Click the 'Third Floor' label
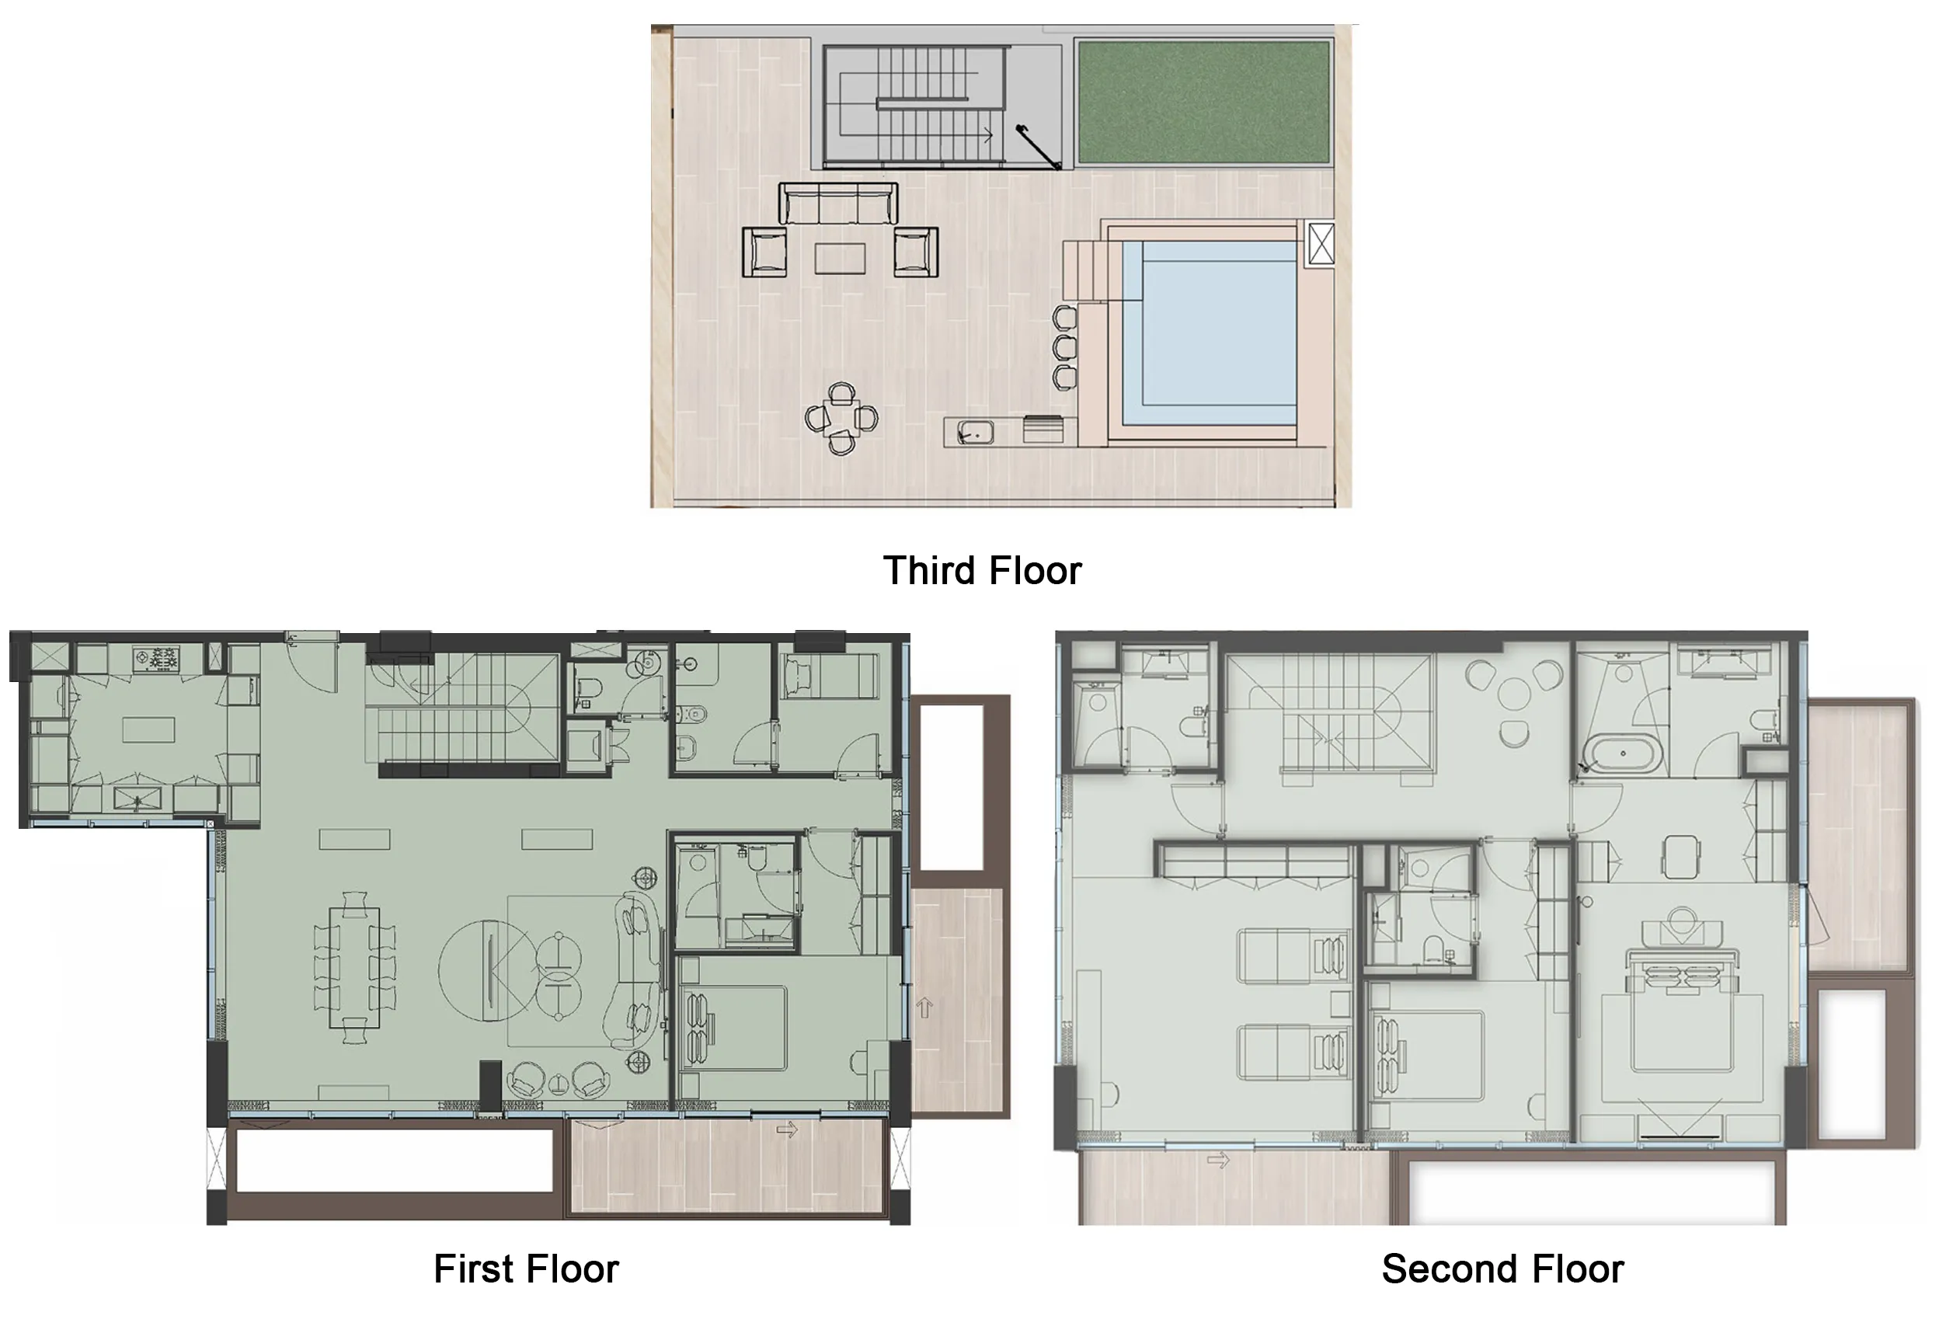tap(982, 571)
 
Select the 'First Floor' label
tap(526, 1269)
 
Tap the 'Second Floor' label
tap(1502, 1269)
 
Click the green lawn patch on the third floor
tap(1203, 102)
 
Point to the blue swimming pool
tap(1209, 332)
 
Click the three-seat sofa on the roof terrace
tap(837, 204)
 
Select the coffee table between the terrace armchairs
tap(840, 258)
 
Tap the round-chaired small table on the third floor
tap(841, 418)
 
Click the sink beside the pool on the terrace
tap(976, 433)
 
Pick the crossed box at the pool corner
tap(1321, 243)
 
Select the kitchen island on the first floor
tap(148, 729)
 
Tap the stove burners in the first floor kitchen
tap(157, 657)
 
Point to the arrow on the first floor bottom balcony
tap(786, 1130)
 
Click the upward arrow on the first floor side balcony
tap(924, 1007)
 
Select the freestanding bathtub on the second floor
tap(1622, 754)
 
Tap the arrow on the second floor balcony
tap(1218, 1161)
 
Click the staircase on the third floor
tap(914, 104)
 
